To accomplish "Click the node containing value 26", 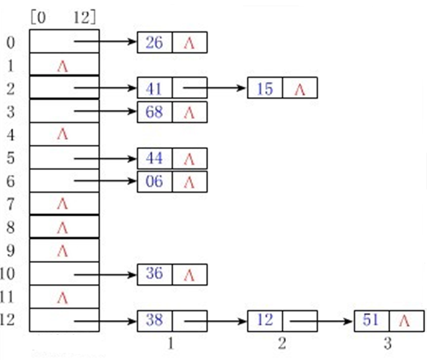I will coord(154,43).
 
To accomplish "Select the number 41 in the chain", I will coord(154,89).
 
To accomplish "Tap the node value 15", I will coord(265,89).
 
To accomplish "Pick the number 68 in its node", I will coord(154,112).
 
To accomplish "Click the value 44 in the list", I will coord(154,159).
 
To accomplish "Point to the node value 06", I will coord(154,182).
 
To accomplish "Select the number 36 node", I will coord(154,274).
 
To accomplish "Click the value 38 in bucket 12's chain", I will coord(154,320).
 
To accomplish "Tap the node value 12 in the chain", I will coord(265,320).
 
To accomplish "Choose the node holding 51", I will coord(372,320).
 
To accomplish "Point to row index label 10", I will coord(10,274).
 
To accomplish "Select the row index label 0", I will coord(10,43).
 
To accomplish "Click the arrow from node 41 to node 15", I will coord(214,89).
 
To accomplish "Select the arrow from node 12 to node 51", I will coord(323,321).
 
